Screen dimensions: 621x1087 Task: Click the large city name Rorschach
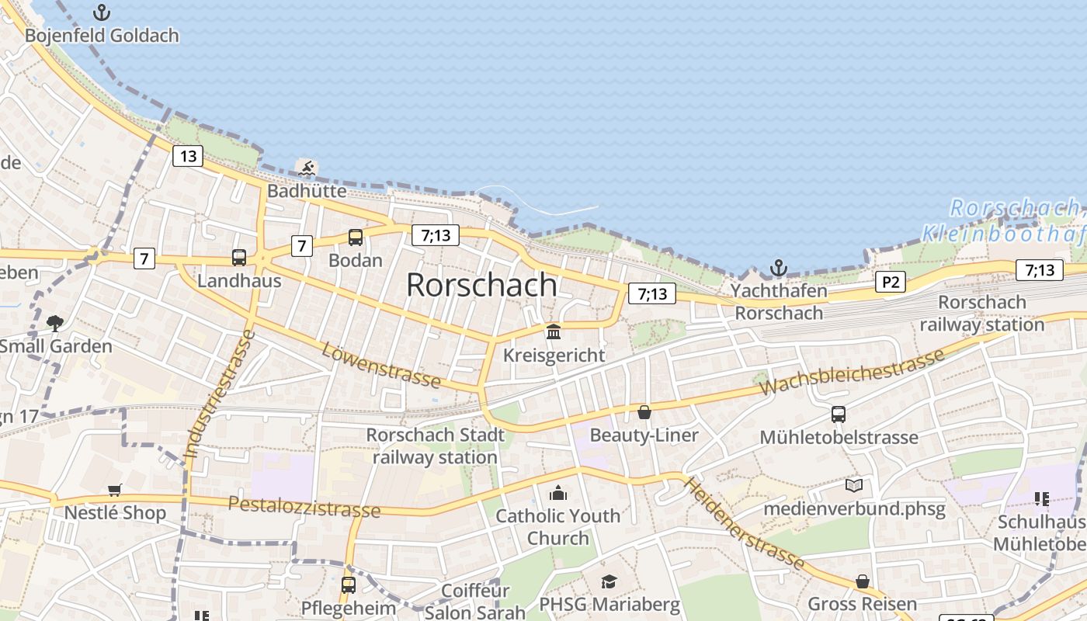(x=481, y=285)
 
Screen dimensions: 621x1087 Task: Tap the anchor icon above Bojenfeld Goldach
(x=101, y=12)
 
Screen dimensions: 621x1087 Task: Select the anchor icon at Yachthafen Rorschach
(x=778, y=269)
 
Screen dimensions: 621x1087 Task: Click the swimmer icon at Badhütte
(x=307, y=168)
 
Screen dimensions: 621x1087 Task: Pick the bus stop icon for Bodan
(x=356, y=238)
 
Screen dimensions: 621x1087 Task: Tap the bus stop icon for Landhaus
(x=239, y=258)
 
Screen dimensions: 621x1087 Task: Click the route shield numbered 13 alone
(x=188, y=156)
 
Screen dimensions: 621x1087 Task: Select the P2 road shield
(x=890, y=282)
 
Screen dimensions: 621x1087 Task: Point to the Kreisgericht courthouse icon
(x=554, y=332)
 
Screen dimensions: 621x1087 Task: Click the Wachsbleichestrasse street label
(x=853, y=371)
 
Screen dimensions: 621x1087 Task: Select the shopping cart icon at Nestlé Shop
(x=115, y=490)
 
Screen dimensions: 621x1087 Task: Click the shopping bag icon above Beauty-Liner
(x=644, y=411)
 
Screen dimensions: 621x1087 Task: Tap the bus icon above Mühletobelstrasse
(x=839, y=414)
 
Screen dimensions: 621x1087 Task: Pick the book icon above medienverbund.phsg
(x=854, y=486)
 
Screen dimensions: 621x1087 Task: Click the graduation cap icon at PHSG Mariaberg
(x=609, y=581)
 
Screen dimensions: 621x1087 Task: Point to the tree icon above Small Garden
(x=54, y=322)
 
